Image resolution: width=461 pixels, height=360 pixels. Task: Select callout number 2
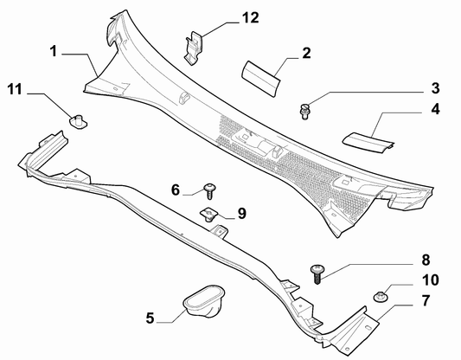point(305,53)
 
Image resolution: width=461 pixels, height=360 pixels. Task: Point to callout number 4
point(435,109)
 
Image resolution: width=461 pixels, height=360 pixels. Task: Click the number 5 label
point(150,318)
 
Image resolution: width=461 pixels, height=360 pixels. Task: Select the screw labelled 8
point(317,273)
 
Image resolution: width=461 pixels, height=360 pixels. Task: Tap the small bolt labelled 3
point(305,109)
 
